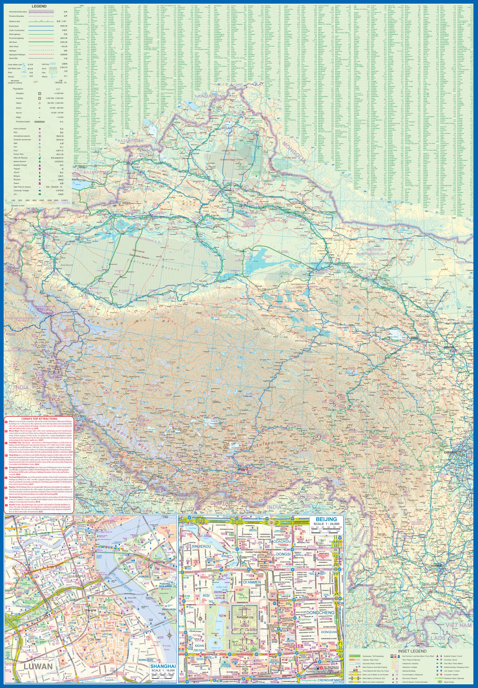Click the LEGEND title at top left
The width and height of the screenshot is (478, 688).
click(39, 6)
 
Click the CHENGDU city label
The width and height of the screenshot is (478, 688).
click(450, 452)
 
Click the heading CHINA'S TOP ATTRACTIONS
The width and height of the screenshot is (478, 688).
click(39, 418)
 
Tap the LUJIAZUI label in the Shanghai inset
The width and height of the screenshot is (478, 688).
click(143, 576)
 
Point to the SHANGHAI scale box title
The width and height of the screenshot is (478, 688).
click(163, 666)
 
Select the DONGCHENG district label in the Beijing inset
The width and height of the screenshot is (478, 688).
click(320, 604)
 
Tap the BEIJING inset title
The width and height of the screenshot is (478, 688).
click(326, 519)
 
